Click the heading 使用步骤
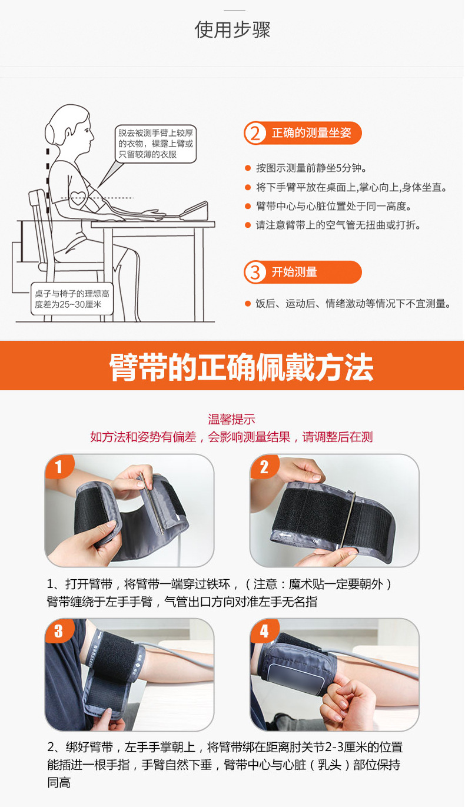232,29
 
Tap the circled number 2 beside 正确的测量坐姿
255,133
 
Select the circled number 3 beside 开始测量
255,272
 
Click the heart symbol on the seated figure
78,197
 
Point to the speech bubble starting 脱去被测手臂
155,144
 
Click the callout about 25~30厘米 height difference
72,298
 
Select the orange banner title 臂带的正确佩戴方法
241,367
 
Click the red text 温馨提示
231,419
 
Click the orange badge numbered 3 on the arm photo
59,630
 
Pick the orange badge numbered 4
264,630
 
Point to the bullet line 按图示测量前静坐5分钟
311,168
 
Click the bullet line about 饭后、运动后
353,304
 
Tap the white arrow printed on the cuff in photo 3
98,636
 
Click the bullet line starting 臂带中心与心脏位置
334,206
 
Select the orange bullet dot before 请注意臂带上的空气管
247,225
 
